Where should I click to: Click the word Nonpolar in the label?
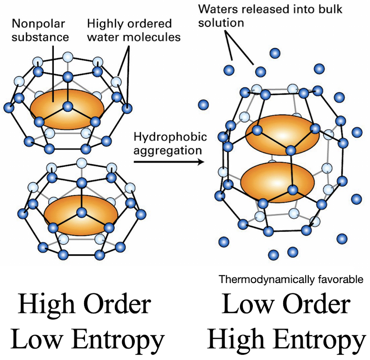coord(38,24)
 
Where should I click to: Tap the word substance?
coord(40,37)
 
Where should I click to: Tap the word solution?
coord(221,23)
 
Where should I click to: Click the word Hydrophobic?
coord(170,137)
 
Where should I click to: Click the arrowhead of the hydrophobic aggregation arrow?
coord(201,162)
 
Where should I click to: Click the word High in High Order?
coord(46,304)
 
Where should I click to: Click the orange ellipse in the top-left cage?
coord(67,110)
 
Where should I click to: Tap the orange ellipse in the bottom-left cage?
coord(81,216)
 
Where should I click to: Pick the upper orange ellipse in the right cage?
coord(282,135)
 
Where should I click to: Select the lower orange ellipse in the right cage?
coord(278,183)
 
